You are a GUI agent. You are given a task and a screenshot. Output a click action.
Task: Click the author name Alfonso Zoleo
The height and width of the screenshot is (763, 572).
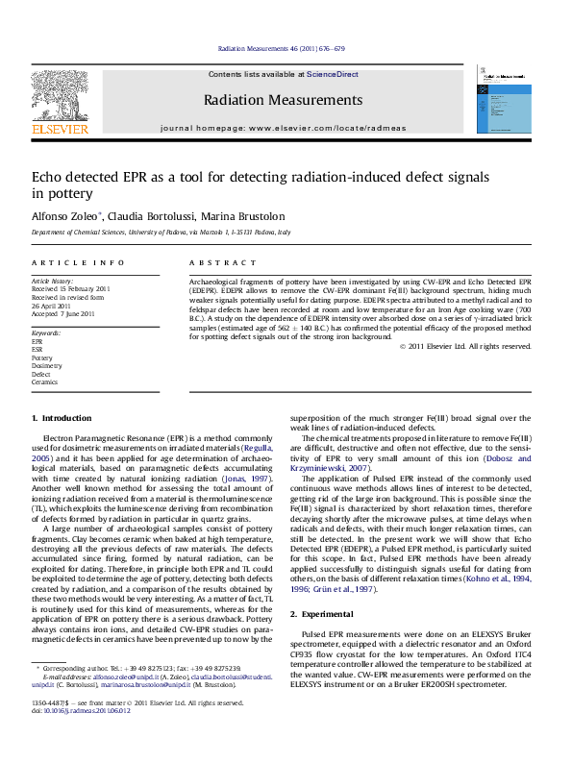[x=63, y=215]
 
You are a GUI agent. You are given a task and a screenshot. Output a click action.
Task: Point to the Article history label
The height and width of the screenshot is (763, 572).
[x=52, y=281]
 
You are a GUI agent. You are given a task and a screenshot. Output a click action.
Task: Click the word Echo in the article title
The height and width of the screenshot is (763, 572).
[x=49, y=177]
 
